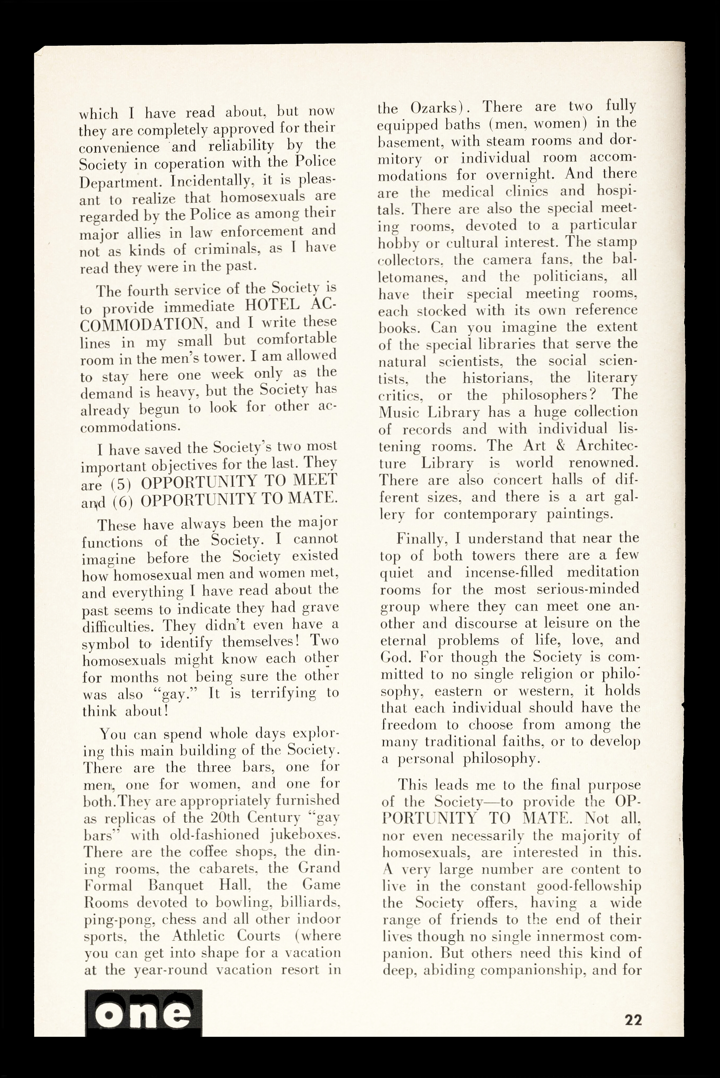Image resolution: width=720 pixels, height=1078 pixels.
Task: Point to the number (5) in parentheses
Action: (x=123, y=484)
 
